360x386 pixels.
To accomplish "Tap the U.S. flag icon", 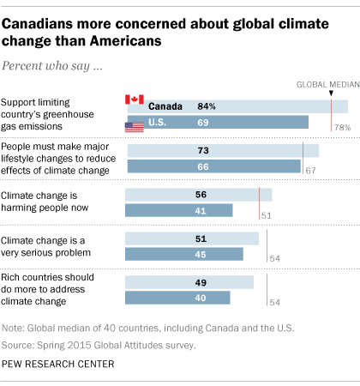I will (x=134, y=127).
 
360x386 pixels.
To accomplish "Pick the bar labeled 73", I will (x=223, y=150).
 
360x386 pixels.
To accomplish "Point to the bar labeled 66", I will (x=213, y=166).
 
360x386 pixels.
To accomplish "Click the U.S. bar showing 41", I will (x=179, y=210).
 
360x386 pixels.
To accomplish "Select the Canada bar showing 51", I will (x=192, y=238).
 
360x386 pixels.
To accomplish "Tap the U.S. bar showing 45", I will (x=184, y=254).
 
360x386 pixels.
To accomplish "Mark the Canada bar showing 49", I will (x=189, y=282).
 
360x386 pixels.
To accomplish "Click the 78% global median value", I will (x=341, y=127).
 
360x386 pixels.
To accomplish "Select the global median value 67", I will (x=310, y=171).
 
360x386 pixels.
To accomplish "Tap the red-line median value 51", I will (x=266, y=214).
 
